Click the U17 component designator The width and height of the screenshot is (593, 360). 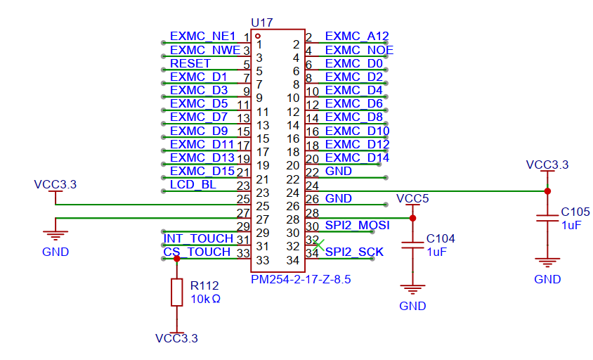261,22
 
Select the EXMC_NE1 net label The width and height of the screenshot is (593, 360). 203,37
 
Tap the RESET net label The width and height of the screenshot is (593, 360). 190,63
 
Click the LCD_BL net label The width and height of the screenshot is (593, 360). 193,184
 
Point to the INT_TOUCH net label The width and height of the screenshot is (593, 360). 198,238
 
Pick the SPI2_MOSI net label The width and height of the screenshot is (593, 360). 358,225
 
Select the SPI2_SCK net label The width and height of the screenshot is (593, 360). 354,252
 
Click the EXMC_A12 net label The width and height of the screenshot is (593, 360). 357,37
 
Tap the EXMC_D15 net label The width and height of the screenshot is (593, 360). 202,171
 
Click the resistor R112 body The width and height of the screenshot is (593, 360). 176,292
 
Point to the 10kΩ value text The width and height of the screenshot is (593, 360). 205,299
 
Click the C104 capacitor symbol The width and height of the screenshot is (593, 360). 412,245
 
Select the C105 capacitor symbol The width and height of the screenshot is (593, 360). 547,219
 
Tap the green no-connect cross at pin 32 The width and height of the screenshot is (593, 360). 318,245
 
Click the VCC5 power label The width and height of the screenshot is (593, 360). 412,199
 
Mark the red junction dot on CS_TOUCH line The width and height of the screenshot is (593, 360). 176,259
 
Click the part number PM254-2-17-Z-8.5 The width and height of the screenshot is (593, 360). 301,279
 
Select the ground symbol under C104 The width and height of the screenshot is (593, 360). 412,290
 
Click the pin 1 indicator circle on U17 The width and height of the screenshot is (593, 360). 258,36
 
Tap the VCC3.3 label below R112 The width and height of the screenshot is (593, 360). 176,338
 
